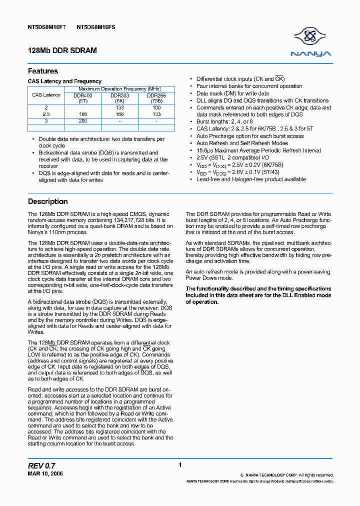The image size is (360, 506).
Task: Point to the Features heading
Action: [x=43, y=71]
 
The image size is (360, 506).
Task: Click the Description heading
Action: [x=48, y=201]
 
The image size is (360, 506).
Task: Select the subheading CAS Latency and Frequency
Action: [x=64, y=81]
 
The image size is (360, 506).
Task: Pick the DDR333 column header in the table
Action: [x=119, y=95]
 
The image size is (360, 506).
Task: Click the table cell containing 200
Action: [x=83, y=121]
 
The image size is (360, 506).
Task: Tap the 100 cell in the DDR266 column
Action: [x=156, y=107]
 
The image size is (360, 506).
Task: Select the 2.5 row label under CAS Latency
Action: [x=46, y=114]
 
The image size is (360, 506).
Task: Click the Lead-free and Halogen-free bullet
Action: [x=251, y=179]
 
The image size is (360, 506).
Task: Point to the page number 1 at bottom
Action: [x=180, y=465]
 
